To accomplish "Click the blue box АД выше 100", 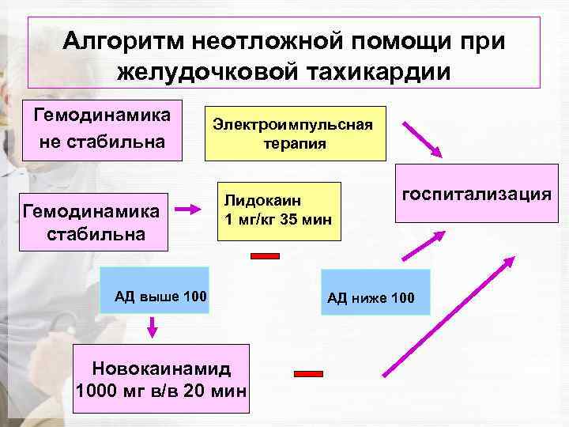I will coord(160,297).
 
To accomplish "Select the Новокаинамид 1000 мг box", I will coord(161,379).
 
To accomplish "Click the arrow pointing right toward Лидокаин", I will coord(190,210).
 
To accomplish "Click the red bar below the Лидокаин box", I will coord(266,255).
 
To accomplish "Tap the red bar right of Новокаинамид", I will coord(308,374).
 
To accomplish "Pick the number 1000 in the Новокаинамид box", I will coord(98,390).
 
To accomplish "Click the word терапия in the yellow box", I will coord(295,145).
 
